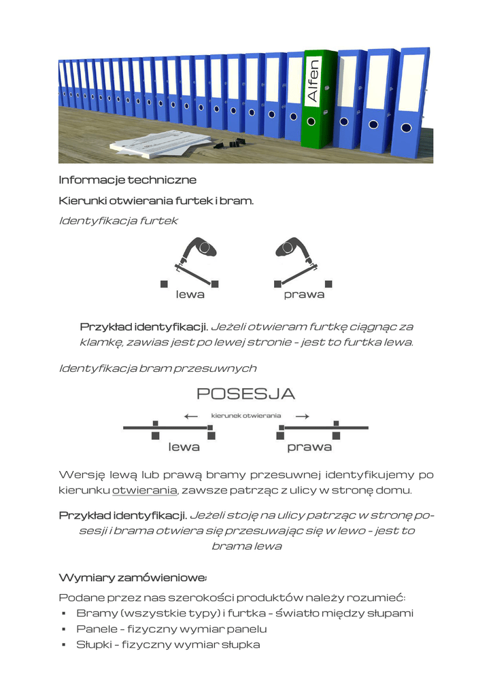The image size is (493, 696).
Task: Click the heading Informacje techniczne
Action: click(x=127, y=180)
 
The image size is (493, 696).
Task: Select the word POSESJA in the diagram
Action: click(x=245, y=394)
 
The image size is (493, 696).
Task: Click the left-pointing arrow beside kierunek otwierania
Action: click(x=191, y=416)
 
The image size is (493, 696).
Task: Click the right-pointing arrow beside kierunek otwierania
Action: click(x=303, y=416)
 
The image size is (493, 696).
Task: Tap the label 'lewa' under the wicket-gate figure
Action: click(x=190, y=295)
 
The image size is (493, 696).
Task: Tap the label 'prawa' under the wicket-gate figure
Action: click(x=304, y=295)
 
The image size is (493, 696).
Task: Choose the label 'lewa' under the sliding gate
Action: click(x=184, y=447)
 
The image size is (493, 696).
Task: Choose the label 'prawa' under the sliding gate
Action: click(x=309, y=447)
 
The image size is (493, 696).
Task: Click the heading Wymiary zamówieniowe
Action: click(x=133, y=578)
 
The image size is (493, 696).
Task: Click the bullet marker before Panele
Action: click(x=63, y=629)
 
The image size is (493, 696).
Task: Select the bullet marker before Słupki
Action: click(x=63, y=645)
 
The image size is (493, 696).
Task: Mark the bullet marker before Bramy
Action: click(x=63, y=614)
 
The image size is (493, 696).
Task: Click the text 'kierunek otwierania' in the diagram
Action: click(x=246, y=415)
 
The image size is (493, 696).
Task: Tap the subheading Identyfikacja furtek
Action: click(x=118, y=221)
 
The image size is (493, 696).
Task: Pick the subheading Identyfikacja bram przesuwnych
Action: click(x=157, y=368)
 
